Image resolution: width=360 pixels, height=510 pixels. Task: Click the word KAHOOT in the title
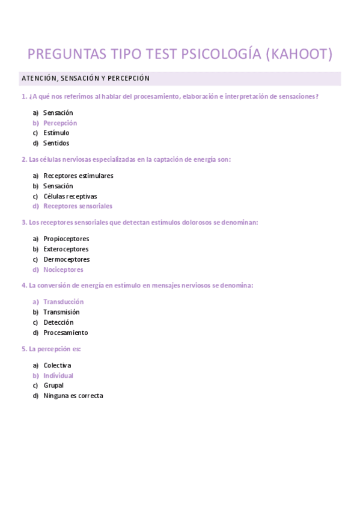[302, 54]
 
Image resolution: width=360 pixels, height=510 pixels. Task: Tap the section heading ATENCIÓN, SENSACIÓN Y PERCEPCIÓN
[85, 78]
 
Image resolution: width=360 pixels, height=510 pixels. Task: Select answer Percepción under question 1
[60, 123]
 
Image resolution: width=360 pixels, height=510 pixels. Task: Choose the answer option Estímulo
[56, 133]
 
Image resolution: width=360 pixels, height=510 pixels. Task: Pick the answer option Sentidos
[56, 143]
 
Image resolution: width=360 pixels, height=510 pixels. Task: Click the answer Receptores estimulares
[78, 176]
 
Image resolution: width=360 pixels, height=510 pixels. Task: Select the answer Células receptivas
[70, 196]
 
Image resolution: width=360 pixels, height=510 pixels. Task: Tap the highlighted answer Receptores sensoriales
[78, 206]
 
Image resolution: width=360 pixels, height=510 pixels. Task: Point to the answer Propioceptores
[66, 239]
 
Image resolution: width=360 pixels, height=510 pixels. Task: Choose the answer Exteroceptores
[66, 249]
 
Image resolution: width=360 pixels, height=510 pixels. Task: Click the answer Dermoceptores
[67, 259]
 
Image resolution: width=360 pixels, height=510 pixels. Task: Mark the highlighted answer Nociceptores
[63, 269]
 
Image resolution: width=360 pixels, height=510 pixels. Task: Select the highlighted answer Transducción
[63, 302]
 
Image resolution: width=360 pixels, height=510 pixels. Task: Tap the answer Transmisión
[61, 312]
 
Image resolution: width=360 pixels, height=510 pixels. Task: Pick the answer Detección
[58, 322]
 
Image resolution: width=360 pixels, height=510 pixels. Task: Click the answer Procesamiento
[66, 333]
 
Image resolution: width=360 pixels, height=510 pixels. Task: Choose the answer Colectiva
[57, 365]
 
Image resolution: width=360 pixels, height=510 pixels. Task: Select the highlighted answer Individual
[58, 375]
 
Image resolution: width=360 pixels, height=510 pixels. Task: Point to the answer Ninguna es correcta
[73, 396]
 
